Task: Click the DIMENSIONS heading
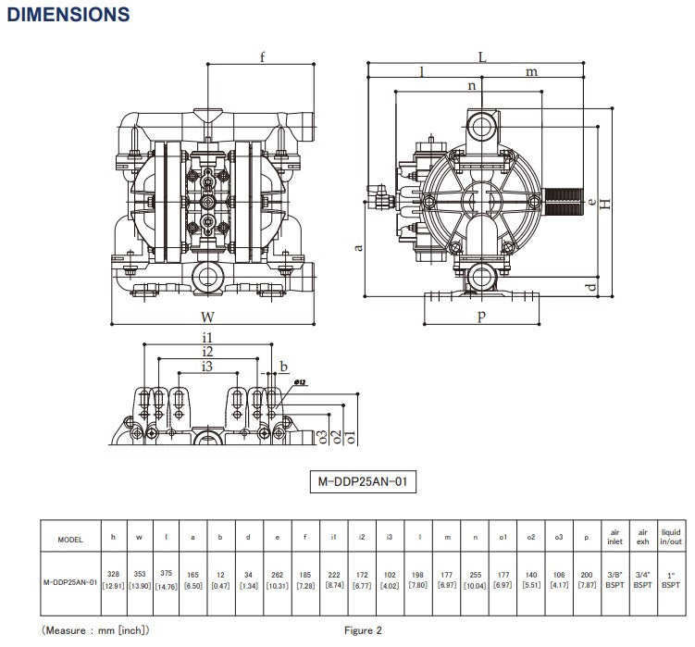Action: (68, 15)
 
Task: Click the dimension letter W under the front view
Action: (207, 317)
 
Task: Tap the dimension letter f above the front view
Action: (262, 57)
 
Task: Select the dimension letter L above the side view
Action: (482, 56)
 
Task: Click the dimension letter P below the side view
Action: (481, 317)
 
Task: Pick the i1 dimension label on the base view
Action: (208, 337)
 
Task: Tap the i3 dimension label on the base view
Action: (208, 367)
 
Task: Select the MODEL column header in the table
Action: (70, 538)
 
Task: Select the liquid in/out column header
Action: (670, 538)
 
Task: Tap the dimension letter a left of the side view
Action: (358, 246)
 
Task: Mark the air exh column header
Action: (642, 538)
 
